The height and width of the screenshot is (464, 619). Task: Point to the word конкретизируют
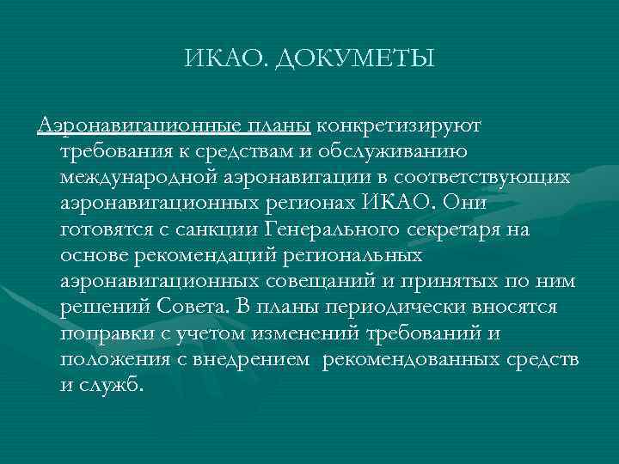(400, 126)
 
